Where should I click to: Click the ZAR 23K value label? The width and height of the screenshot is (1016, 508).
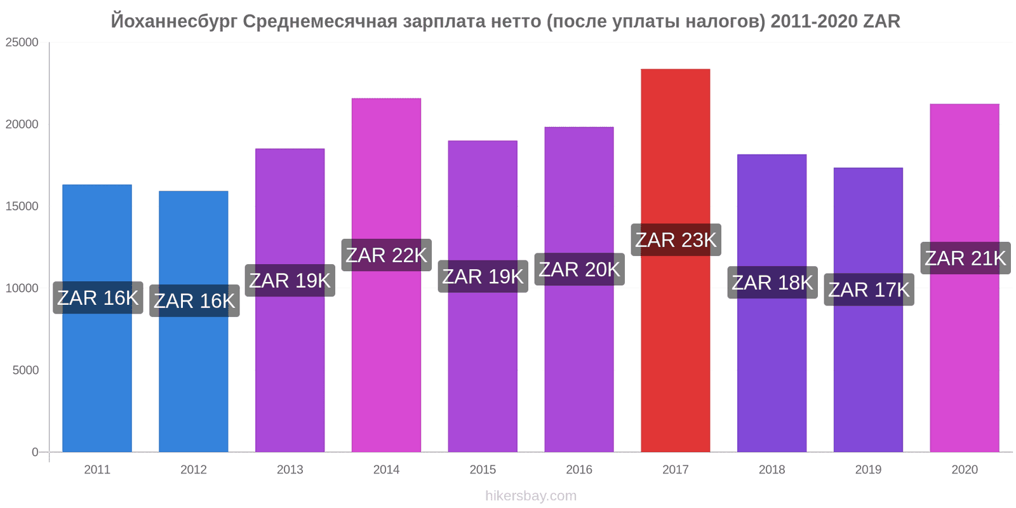[x=676, y=240]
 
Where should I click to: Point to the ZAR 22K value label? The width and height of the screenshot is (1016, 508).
[x=386, y=255]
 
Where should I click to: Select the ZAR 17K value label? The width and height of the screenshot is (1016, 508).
[x=869, y=290]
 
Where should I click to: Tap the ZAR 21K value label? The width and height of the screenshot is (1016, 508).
[x=965, y=258]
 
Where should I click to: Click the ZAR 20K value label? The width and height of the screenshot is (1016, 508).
[x=579, y=269]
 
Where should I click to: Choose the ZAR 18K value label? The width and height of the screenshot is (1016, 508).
[x=772, y=283]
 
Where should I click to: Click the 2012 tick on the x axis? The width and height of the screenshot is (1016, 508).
[x=194, y=470]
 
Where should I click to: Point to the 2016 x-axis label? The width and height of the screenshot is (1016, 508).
[x=579, y=470]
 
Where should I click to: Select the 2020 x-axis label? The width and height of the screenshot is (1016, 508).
[x=965, y=470]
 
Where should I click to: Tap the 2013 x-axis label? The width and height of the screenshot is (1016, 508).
[x=290, y=470]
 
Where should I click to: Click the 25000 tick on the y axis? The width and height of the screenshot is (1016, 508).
[x=22, y=43]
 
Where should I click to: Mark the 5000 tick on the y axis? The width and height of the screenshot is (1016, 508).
[x=25, y=370]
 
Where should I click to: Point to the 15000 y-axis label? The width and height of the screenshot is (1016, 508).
[x=22, y=206]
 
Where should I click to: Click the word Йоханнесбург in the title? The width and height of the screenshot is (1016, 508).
[x=175, y=22]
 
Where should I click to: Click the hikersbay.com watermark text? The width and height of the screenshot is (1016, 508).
[x=531, y=496]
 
